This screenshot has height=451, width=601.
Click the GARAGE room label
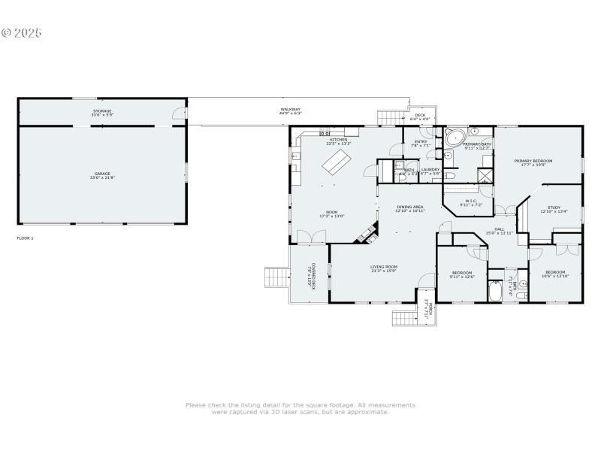(102, 174)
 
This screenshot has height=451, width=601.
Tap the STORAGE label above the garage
(102, 111)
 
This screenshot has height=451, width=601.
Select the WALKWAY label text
(291, 110)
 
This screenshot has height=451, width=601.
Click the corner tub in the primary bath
(455, 137)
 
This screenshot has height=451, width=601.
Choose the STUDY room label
(554, 207)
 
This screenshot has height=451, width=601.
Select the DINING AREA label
(410, 207)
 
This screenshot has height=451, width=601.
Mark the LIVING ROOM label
(383, 267)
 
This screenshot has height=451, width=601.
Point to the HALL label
(499, 230)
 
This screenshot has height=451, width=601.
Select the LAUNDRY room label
(430, 170)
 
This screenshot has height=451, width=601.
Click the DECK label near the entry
(420, 116)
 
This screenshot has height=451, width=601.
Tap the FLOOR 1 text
(26, 238)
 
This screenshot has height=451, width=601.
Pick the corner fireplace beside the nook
(368, 234)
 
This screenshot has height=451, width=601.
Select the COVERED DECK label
(310, 276)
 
